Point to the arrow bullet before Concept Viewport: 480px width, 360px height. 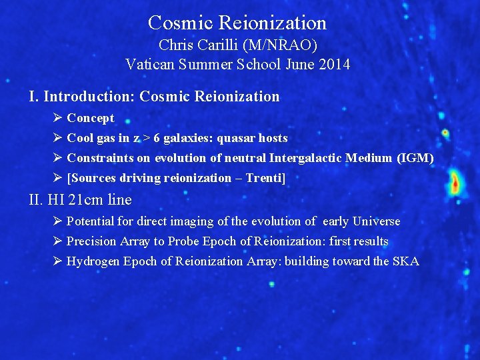(57, 118)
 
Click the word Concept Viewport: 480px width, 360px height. (91, 118)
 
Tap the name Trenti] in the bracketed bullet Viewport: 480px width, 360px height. (270, 178)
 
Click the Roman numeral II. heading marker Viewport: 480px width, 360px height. (36, 200)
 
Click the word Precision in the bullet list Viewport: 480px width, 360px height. (92, 241)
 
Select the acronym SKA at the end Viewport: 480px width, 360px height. (405, 261)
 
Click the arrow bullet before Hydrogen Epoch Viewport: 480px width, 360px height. (57, 261)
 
